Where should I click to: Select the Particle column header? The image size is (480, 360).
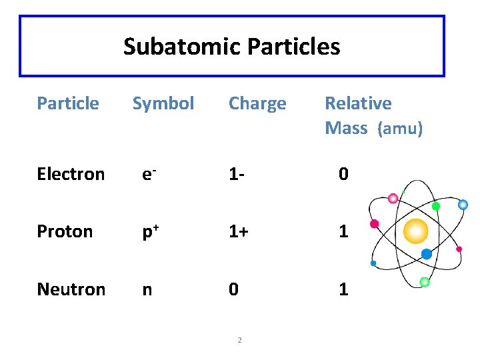pos(68,103)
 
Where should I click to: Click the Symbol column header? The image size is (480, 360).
pos(163,103)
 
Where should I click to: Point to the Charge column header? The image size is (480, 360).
pos(257,103)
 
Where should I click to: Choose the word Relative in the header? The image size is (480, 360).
pos(358,103)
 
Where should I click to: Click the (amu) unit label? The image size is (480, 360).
pos(400,128)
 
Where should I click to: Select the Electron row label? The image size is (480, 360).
pos(71,174)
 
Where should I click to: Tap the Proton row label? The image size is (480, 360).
pos(65,231)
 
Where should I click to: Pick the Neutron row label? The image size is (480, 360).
pos(71,289)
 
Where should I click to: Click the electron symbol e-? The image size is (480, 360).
pos(149,174)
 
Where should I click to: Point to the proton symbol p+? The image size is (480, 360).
pos(149,231)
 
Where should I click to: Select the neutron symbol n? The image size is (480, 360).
pos(146,289)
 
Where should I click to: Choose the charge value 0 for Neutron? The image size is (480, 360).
pos(233,289)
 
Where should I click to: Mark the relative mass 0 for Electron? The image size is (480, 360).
pos(343,174)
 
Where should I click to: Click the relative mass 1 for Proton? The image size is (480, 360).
pos(343,231)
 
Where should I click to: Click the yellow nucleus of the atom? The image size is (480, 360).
pos(416,231)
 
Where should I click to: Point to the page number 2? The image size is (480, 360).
pos(239,341)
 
